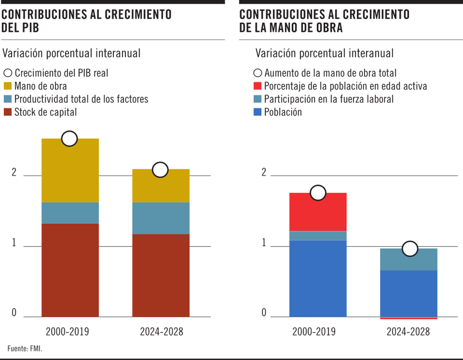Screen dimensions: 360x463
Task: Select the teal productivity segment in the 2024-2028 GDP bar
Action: (x=161, y=218)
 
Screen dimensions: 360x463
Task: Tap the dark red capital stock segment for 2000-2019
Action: (x=70, y=269)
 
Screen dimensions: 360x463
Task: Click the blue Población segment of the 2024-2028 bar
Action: (x=409, y=293)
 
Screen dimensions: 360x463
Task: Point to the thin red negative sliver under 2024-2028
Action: (x=409, y=318)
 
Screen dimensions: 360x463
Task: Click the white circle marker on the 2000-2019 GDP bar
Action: (x=69, y=139)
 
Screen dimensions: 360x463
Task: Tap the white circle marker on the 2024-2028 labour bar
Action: (x=410, y=249)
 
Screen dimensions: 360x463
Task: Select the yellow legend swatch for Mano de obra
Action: (x=8, y=86)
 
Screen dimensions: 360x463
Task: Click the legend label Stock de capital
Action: (x=46, y=112)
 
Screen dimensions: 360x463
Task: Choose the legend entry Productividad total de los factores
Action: (x=81, y=99)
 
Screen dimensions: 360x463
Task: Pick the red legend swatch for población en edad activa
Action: (x=257, y=86)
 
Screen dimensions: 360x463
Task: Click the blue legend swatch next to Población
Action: (x=257, y=112)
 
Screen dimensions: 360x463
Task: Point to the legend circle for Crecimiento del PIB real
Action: (x=8, y=73)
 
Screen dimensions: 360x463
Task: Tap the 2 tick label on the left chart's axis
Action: (x=14, y=173)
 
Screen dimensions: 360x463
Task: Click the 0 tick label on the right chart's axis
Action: (x=263, y=313)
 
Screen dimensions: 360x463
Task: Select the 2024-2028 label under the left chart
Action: (x=161, y=332)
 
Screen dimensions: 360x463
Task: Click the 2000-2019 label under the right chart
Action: (x=314, y=332)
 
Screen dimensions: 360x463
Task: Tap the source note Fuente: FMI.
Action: (x=24, y=349)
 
